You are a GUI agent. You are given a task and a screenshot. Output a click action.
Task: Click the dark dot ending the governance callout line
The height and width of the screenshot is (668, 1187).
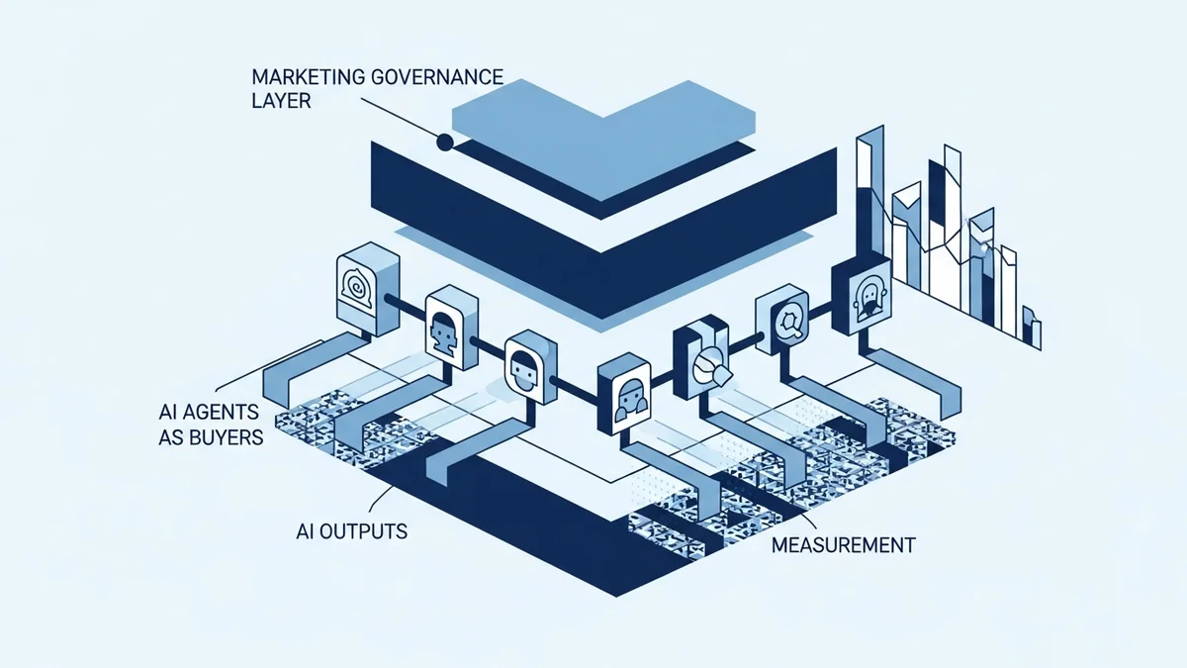click(x=445, y=143)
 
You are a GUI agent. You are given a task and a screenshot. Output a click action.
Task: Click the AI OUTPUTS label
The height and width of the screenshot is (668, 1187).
click(x=351, y=531)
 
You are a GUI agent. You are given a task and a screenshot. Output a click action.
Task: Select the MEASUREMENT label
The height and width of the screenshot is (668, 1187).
click(x=843, y=544)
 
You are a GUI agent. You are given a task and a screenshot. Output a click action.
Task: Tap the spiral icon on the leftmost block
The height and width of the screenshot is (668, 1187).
click(x=355, y=285)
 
